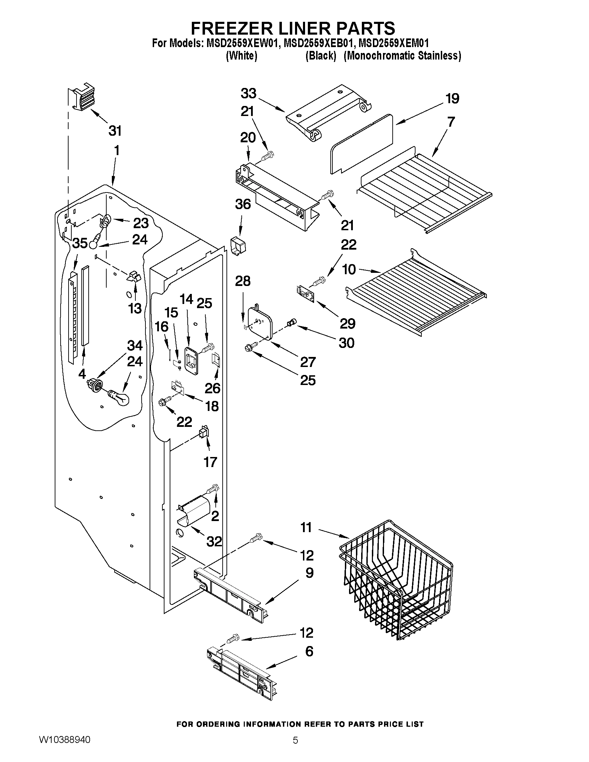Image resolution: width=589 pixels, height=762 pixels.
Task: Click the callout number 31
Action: pos(115,131)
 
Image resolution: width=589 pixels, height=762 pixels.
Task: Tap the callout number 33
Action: pos(248,93)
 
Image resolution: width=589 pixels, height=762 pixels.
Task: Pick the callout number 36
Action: pos(243,204)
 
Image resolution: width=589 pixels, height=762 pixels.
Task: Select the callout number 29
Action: pos(348,324)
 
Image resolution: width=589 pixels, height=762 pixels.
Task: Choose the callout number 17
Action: pos(210,462)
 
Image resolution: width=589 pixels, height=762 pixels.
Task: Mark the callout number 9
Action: pos(309,573)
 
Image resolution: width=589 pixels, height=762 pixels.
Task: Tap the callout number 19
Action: pos(452,99)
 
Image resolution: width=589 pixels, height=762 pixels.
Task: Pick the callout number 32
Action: pos(214,541)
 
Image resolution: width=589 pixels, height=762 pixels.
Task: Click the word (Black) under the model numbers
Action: pos(320,56)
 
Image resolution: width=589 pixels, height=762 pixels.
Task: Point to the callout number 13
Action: pos(135,308)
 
